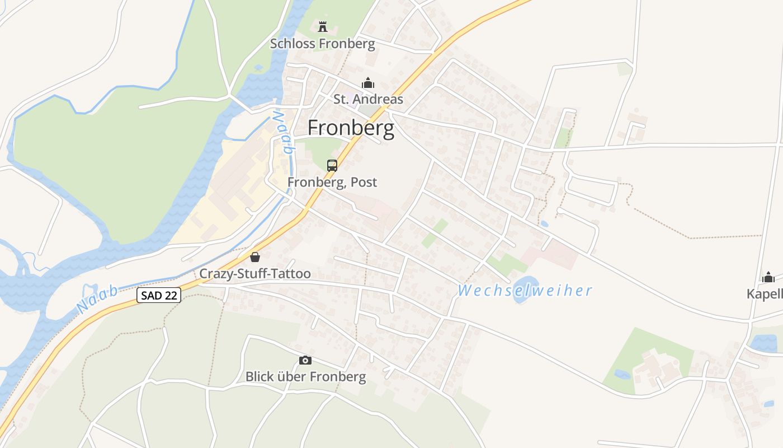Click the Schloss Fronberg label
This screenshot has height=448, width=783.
[x=322, y=44]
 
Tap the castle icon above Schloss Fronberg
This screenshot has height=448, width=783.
[x=322, y=26]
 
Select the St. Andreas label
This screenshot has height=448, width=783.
[x=368, y=100]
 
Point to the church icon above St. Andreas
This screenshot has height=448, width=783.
[x=368, y=83]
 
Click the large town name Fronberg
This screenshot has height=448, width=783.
[x=351, y=128]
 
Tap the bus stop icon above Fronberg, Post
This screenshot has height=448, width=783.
[x=332, y=166]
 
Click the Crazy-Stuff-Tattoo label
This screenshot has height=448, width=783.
[x=255, y=274]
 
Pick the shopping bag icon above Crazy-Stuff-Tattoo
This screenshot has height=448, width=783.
[x=255, y=257]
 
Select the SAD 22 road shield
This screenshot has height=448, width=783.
[x=159, y=295]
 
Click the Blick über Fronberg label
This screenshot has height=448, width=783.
[x=305, y=377]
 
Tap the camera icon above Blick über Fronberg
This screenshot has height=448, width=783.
[x=305, y=360]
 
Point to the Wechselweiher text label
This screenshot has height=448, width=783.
[x=525, y=291]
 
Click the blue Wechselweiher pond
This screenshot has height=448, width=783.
[x=525, y=288]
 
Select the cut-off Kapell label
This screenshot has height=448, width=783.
[x=765, y=294]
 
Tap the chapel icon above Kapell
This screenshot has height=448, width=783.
[x=768, y=277]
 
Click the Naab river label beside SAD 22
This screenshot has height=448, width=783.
[x=97, y=299]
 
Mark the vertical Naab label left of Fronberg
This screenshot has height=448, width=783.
[x=284, y=132]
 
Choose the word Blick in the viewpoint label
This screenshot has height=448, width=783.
[x=260, y=377]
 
